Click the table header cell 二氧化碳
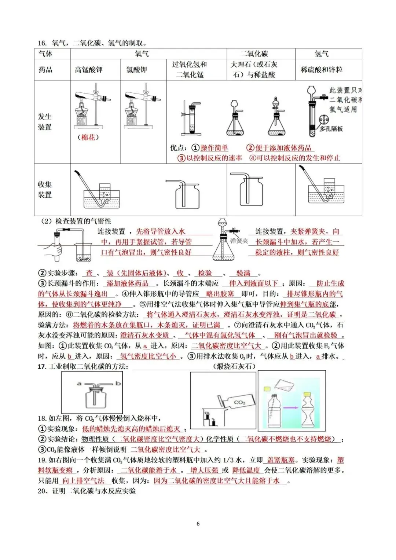(x=254, y=54)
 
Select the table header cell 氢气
(x=322, y=54)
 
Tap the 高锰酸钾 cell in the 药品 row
(x=89, y=70)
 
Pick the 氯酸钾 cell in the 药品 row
(x=136, y=70)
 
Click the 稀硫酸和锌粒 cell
(x=322, y=70)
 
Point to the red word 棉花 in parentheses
(x=88, y=138)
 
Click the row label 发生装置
(x=45, y=122)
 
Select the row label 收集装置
(x=45, y=189)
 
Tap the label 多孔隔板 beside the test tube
(x=331, y=129)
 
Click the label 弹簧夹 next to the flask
(x=239, y=241)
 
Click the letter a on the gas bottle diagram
(x=79, y=384)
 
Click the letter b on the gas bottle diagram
(x=118, y=384)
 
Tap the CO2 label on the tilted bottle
(x=239, y=402)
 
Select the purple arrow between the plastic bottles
(x=292, y=407)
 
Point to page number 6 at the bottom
(x=198, y=524)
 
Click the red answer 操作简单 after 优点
(x=214, y=148)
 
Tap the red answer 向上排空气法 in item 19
(x=83, y=481)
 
